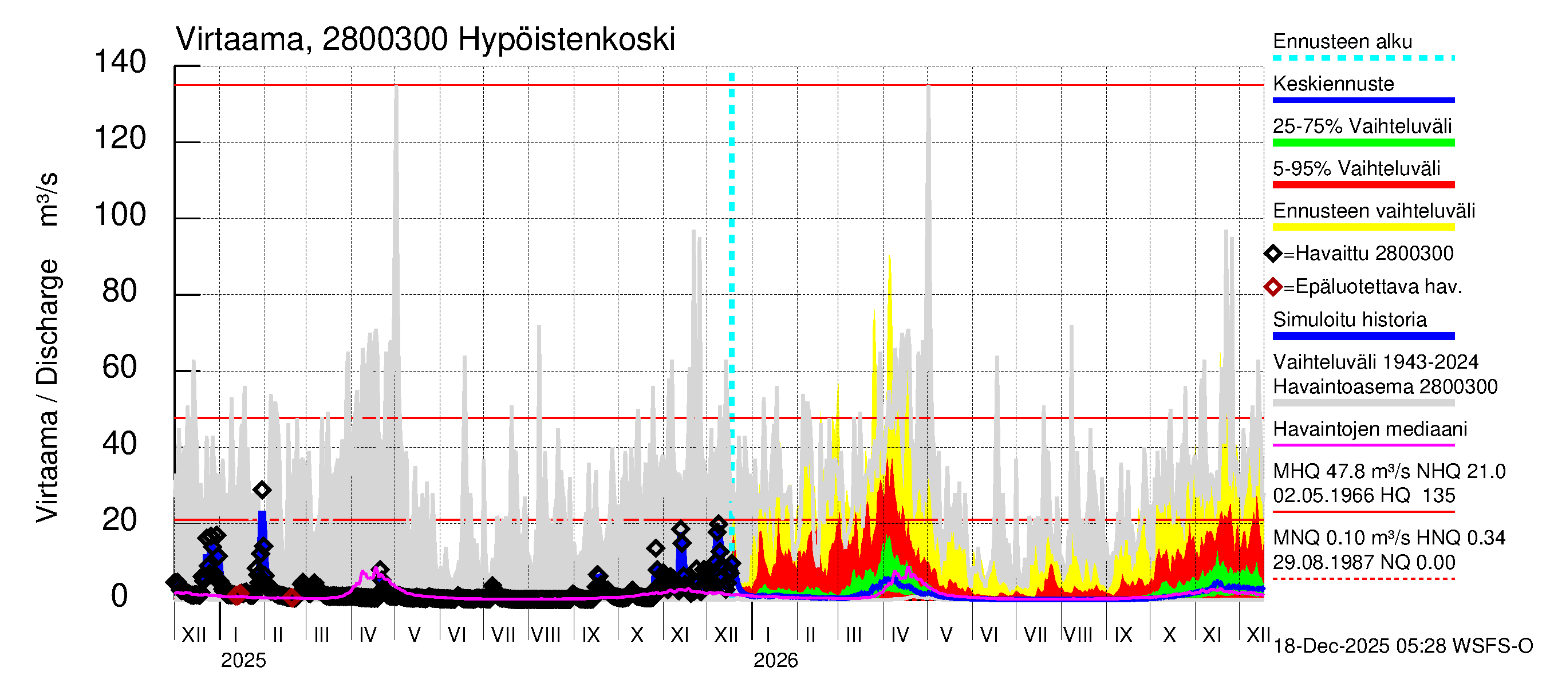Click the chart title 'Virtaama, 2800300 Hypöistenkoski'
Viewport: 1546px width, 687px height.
coord(425,40)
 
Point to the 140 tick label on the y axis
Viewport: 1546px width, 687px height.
coord(120,62)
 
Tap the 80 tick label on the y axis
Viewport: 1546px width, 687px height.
coord(120,291)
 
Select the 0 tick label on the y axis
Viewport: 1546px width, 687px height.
coord(120,597)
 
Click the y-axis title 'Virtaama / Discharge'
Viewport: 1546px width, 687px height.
coord(47,390)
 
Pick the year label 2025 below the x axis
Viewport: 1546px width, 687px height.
coord(243,661)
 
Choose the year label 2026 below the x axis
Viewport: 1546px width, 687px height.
coord(775,661)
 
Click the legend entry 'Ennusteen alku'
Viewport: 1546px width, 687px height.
coord(1343,42)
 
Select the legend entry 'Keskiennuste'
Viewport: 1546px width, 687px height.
coord(1333,84)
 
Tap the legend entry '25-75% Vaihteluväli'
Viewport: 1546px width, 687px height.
coord(1362,127)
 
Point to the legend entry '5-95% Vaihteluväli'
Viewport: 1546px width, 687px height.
coord(1356,168)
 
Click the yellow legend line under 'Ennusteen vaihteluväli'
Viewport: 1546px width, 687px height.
coord(1363,227)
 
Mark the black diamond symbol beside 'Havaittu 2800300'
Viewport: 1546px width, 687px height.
coord(1273,254)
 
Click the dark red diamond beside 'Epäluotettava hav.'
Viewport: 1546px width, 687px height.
coord(1273,287)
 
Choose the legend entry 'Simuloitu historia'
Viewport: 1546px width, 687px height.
coord(1350,320)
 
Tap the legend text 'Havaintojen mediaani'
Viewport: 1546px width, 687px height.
coord(1370,429)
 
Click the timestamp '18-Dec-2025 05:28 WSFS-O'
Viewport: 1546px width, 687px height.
coord(1402,646)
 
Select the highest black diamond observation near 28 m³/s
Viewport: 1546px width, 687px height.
coord(262,490)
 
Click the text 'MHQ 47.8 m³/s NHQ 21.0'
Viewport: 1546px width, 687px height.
coord(1389,472)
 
